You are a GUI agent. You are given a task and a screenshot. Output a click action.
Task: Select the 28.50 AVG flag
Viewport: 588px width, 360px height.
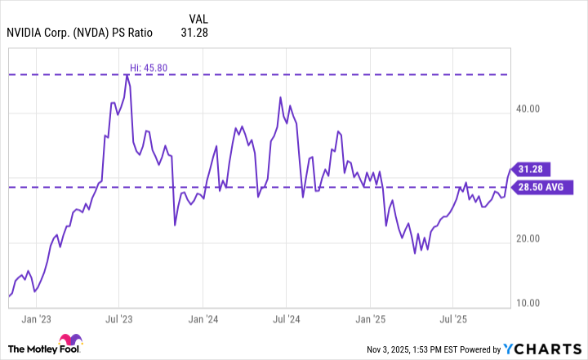click(541, 187)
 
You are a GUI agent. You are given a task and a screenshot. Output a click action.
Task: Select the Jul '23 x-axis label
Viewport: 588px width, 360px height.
click(120, 318)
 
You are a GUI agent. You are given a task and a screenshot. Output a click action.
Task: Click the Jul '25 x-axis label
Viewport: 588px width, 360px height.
click(453, 318)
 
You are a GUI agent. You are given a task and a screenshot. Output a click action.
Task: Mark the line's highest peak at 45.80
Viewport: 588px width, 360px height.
click(127, 75)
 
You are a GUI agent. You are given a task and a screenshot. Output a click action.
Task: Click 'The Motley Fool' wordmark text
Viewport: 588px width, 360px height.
click(38, 349)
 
